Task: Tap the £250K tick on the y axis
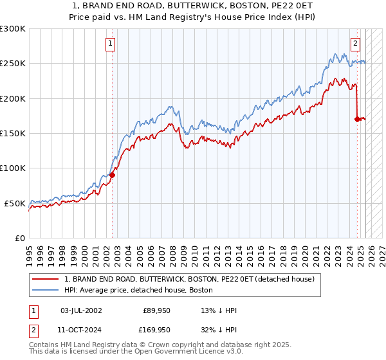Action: [x=13, y=64]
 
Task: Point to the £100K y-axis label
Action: [x=13, y=168]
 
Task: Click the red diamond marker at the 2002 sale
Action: [x=112, y=174]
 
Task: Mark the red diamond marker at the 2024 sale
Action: [x=357, y=119]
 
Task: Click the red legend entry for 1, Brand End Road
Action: [x=189, y=280]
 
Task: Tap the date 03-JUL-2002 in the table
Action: [x=80, y=310]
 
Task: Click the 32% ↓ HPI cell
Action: [x=219, y=331]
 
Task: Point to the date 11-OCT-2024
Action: [x=80, y=331]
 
